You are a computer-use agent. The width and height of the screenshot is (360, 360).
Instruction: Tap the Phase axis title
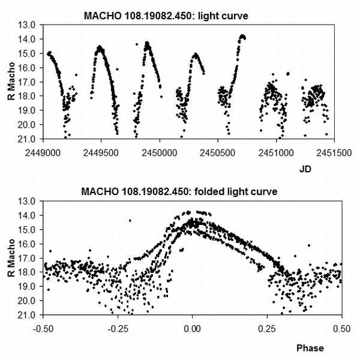point(310,347)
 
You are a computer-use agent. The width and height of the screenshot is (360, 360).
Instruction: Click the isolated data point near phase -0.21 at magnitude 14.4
point(130,221)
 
